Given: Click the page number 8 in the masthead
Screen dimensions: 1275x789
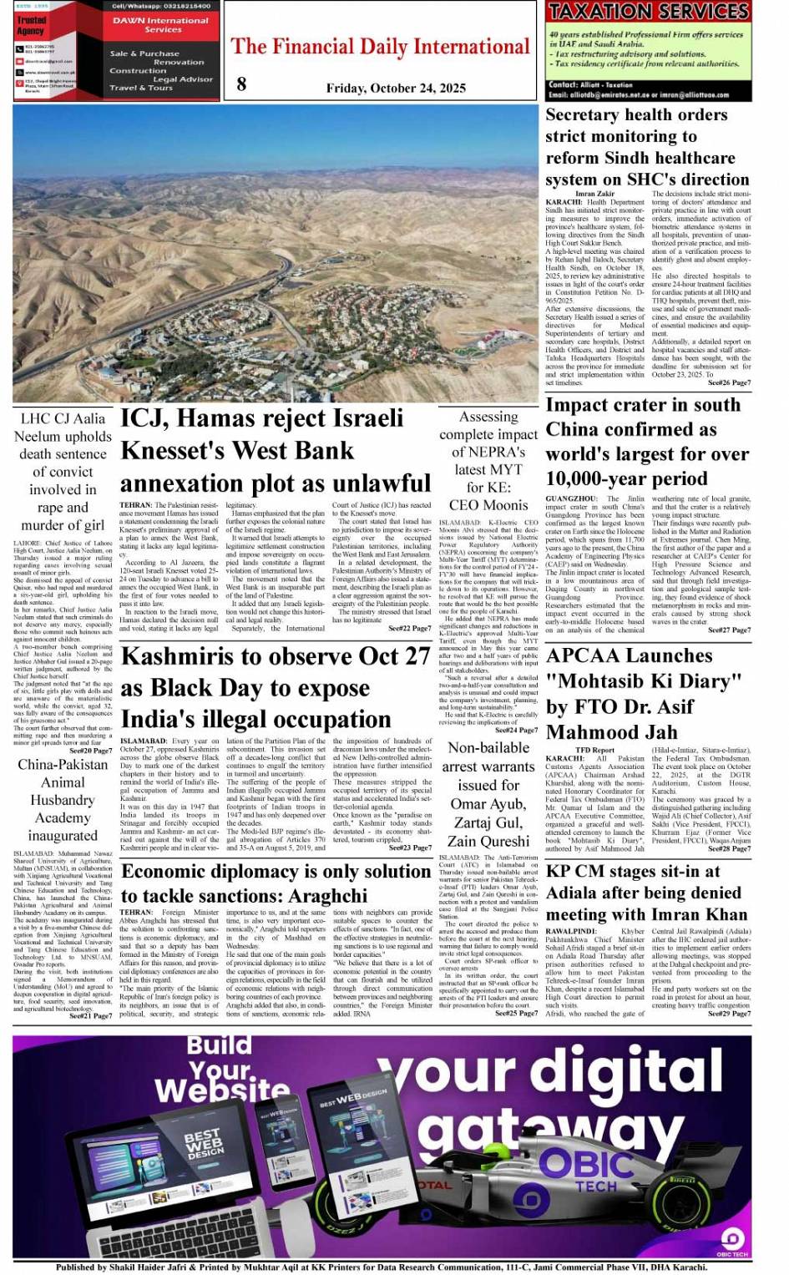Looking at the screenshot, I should (241, 83).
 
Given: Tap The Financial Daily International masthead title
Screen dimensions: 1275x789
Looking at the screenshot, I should (381, 47).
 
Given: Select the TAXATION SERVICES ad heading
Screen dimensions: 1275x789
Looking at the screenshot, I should (648, 12).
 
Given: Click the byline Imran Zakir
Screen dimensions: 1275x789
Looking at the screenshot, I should (594, 194).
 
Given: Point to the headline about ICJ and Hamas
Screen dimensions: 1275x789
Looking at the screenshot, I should (276, 451).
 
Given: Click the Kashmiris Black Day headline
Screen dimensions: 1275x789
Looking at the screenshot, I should (276, 688).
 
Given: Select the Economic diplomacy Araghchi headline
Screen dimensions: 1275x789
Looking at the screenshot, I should (276, 883).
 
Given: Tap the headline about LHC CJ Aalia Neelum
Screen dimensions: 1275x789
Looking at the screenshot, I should (63, 472).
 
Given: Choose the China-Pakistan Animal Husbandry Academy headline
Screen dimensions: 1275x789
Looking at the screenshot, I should (63, 800).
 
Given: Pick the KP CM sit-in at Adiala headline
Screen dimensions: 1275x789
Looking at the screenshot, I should (648, 893).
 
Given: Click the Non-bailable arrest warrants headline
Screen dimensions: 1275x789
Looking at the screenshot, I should (488, 794).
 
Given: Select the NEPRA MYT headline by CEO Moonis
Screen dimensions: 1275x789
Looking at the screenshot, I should (488, 460).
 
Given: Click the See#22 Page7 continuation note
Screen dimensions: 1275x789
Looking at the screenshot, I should (410, 628).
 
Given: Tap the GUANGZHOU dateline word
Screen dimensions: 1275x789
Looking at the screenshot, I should (571, 498).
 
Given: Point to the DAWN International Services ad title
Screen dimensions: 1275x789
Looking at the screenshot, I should (162, 25).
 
